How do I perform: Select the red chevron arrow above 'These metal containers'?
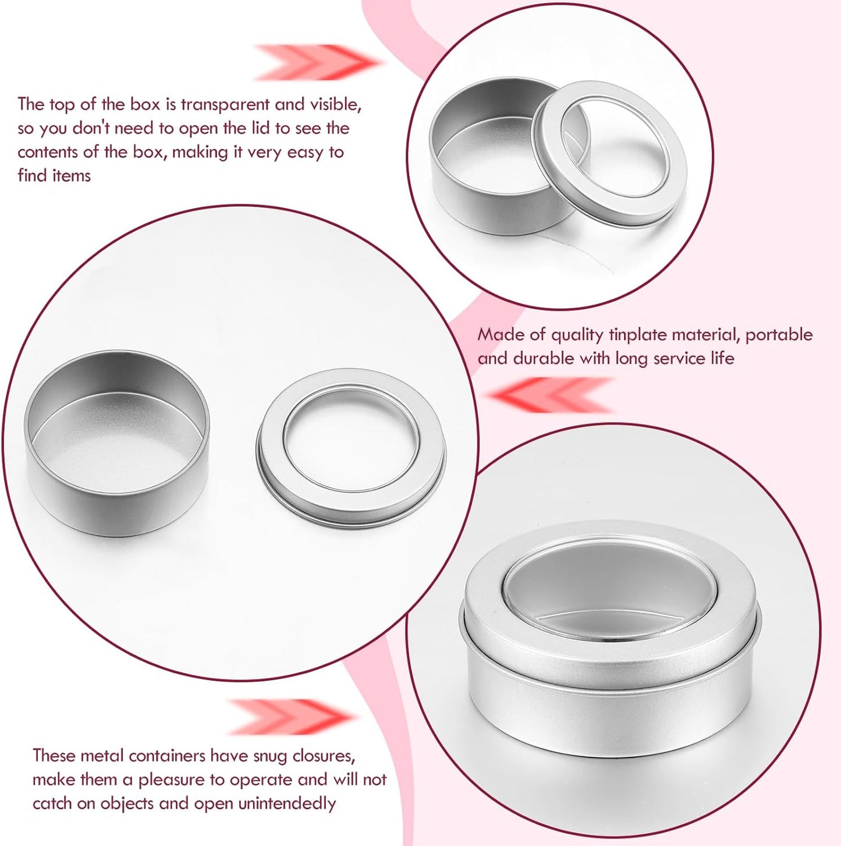click(291, 717)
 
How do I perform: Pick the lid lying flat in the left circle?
click(351, 449)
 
